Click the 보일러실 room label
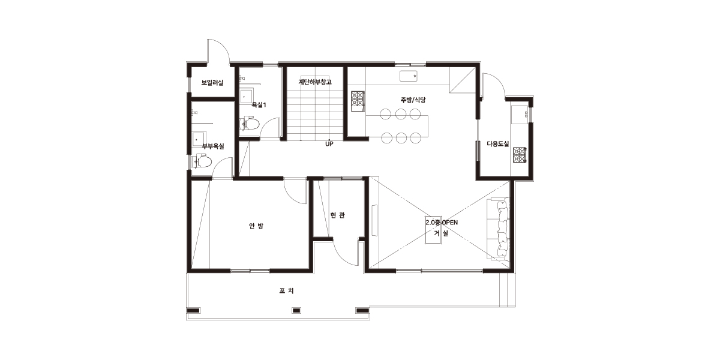pos(212,83)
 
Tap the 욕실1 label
pos(259,105)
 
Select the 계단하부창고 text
pos(314,82)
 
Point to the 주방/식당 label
pos(413,100)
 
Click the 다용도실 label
pos(498,143)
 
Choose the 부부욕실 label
pos(213,146)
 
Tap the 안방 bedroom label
pos(256,226)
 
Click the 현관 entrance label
pos(337,215)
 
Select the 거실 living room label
pos(441,233)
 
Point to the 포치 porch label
pos(286,290)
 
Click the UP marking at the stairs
pos(329,144)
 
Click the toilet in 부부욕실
pos(202,161)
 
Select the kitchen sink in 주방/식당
pos(409,76)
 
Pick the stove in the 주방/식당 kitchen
pos(358,101)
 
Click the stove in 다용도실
pos(520,155)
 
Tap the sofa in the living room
pos(498,229)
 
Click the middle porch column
pos(296,311)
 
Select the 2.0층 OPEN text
pos(442,223)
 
